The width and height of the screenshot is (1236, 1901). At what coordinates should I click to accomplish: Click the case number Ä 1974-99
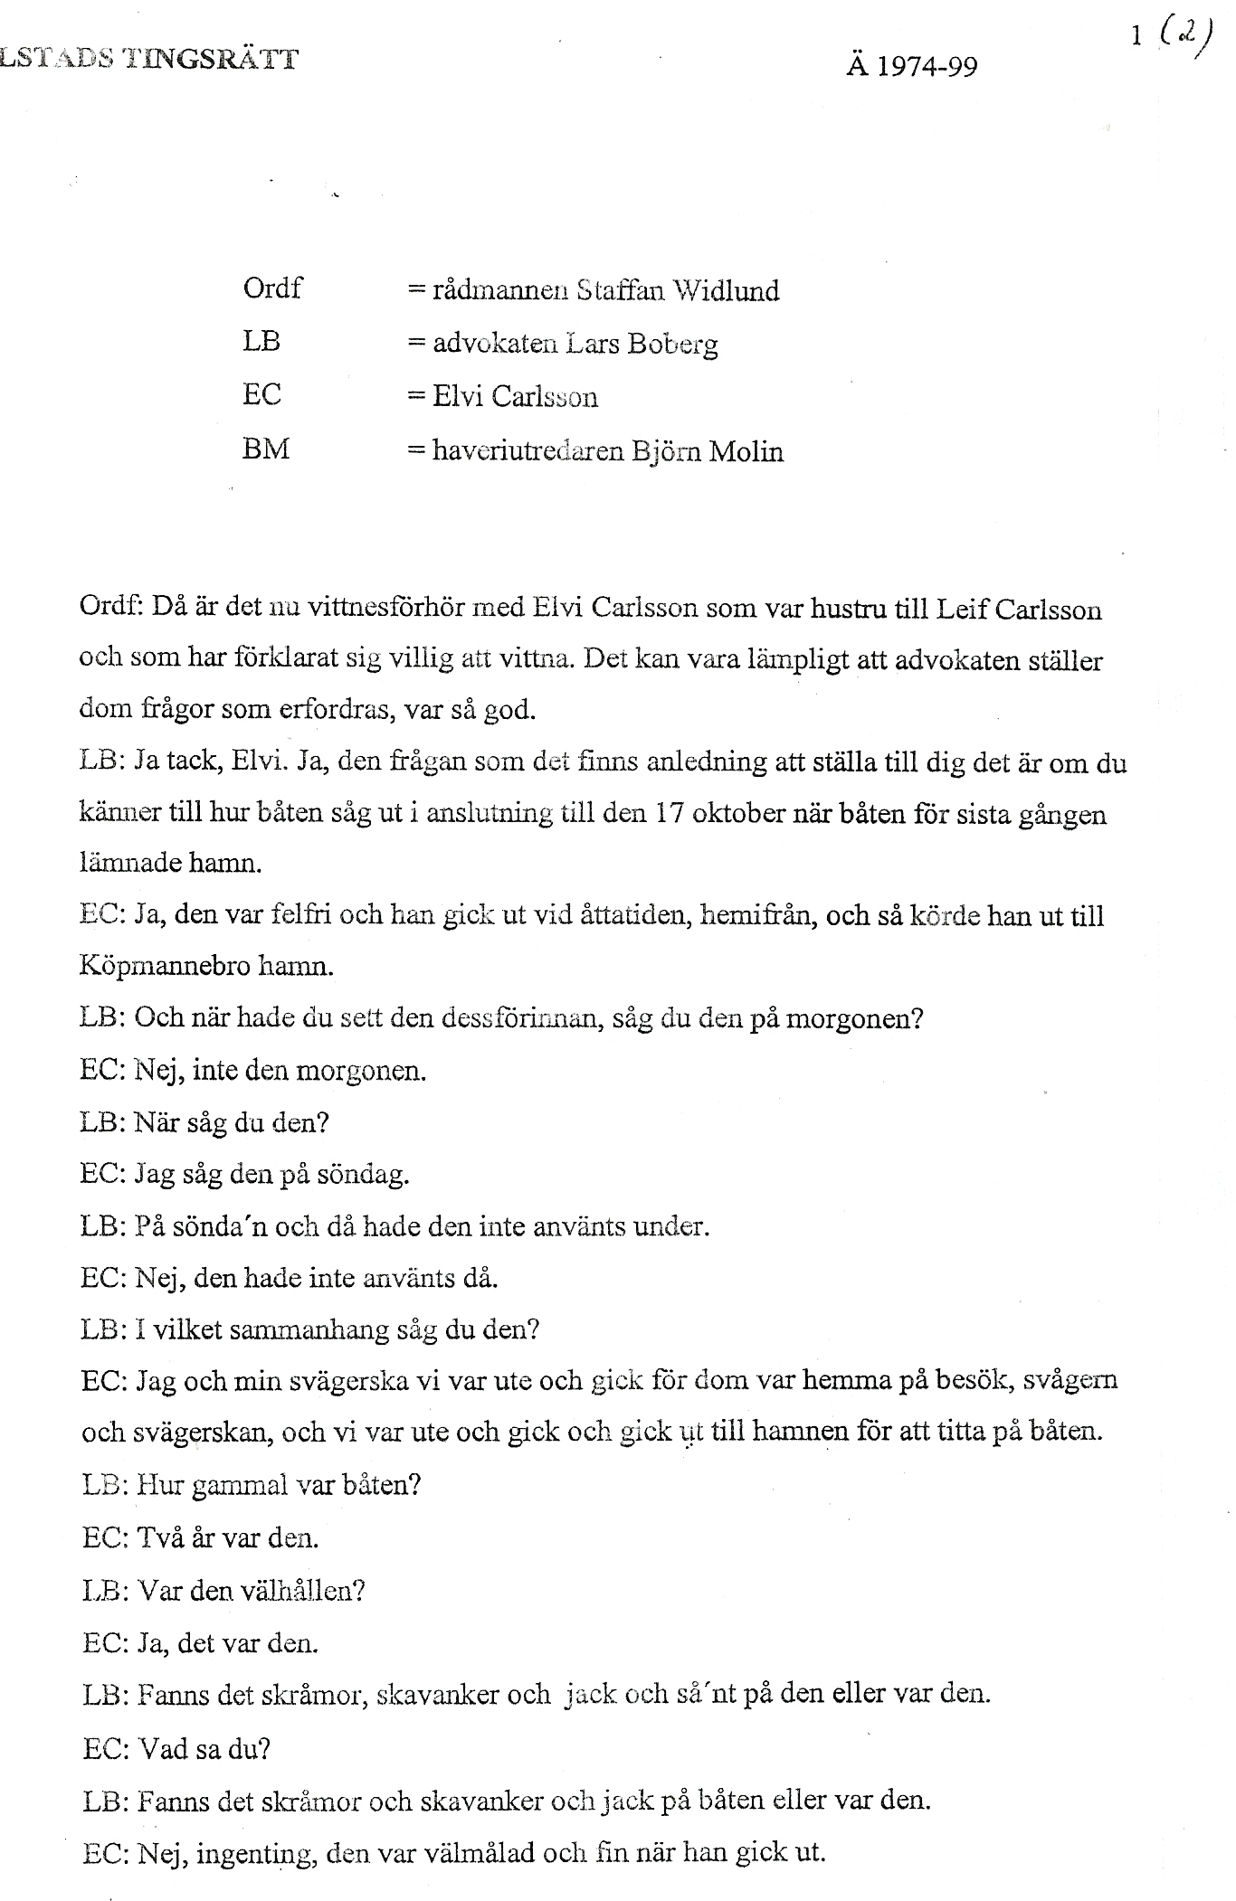point(911,67)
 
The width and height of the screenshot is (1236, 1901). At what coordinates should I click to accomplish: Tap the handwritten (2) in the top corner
point(1184,39)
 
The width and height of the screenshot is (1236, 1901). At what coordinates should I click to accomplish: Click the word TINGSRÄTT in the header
point(210,60)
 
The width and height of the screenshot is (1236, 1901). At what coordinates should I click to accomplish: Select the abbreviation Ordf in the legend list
point(272,288)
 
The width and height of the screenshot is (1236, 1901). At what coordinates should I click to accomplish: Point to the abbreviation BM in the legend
point(266,449)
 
